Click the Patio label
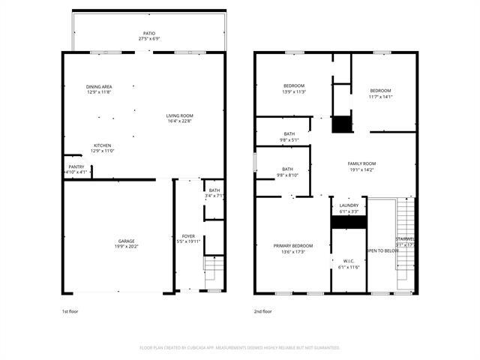click(x=149, y=36)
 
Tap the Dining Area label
click(x=99, y=89)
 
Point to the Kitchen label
click(x=102, y=148)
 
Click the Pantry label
click(x=76, y=169)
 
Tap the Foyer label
click(x=188, y=238)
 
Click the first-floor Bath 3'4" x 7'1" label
click(x=214, y=193)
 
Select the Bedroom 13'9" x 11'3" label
click(x=293, y=88)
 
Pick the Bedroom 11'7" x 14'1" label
click(x=380, y=93)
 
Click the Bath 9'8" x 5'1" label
click(x=289, y=136)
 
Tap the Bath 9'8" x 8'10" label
click(x=289, y=172)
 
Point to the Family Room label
click(x=361, y=166)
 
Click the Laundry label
click(x=349, y=208)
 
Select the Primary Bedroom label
click(x=292, y=248)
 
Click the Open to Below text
click(x=382, y=250)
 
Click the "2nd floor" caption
click(x=264, y=310)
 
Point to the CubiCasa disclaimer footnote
click(x=240, y=347)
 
